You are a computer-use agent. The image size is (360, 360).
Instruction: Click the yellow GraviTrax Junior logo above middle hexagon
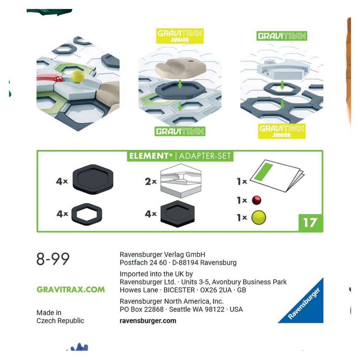180,36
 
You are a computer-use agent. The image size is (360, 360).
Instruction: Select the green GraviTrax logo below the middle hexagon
180,131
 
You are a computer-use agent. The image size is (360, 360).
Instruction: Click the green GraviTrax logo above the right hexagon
282,36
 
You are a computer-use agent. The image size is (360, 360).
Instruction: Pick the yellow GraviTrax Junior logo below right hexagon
282,131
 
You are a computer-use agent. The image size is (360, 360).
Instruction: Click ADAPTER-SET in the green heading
205,156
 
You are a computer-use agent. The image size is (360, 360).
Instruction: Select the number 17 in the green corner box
310,223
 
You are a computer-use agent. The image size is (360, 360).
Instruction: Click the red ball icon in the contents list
256,200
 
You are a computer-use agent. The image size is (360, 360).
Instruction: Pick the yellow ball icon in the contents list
259,217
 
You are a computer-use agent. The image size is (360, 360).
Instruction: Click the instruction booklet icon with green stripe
277,175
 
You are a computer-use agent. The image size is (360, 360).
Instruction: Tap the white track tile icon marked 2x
181,181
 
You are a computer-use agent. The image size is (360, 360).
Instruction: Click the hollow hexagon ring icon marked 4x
87,214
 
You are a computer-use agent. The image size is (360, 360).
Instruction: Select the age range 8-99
53,259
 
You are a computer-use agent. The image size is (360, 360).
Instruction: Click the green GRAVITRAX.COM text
70,289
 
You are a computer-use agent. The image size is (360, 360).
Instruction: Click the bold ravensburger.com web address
148,321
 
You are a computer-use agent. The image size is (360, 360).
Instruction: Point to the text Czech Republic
60,321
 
